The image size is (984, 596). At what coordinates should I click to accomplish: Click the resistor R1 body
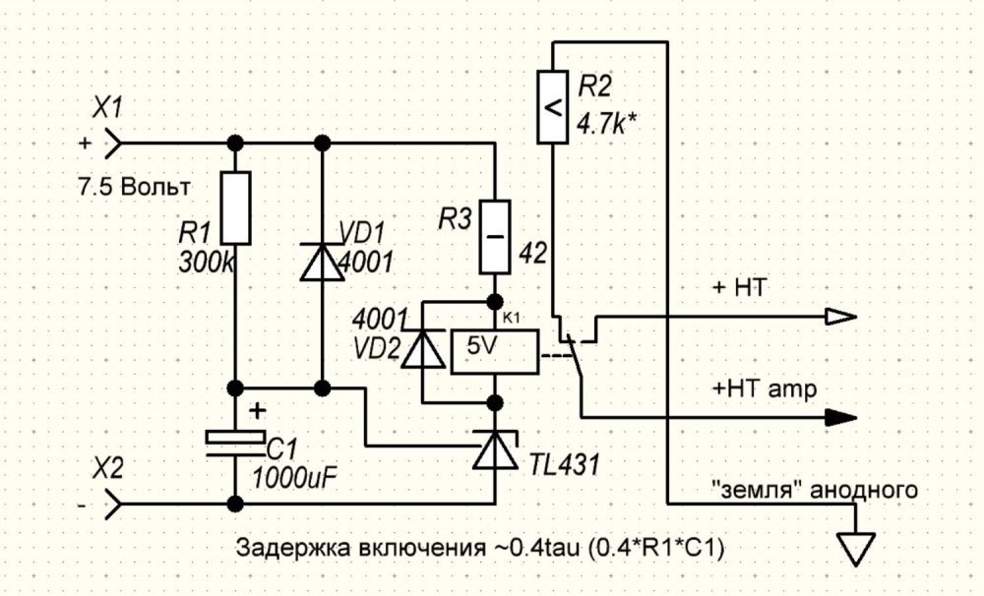point(235,208)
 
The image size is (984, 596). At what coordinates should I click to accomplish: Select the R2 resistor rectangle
point(553,109)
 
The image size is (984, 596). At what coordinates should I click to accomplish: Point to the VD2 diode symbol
point(422,350)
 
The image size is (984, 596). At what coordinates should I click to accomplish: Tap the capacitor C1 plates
point(235,444)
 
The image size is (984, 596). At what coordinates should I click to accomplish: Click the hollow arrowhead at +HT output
point(840,317)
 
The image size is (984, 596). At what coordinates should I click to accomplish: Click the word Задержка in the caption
point(282,549)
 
